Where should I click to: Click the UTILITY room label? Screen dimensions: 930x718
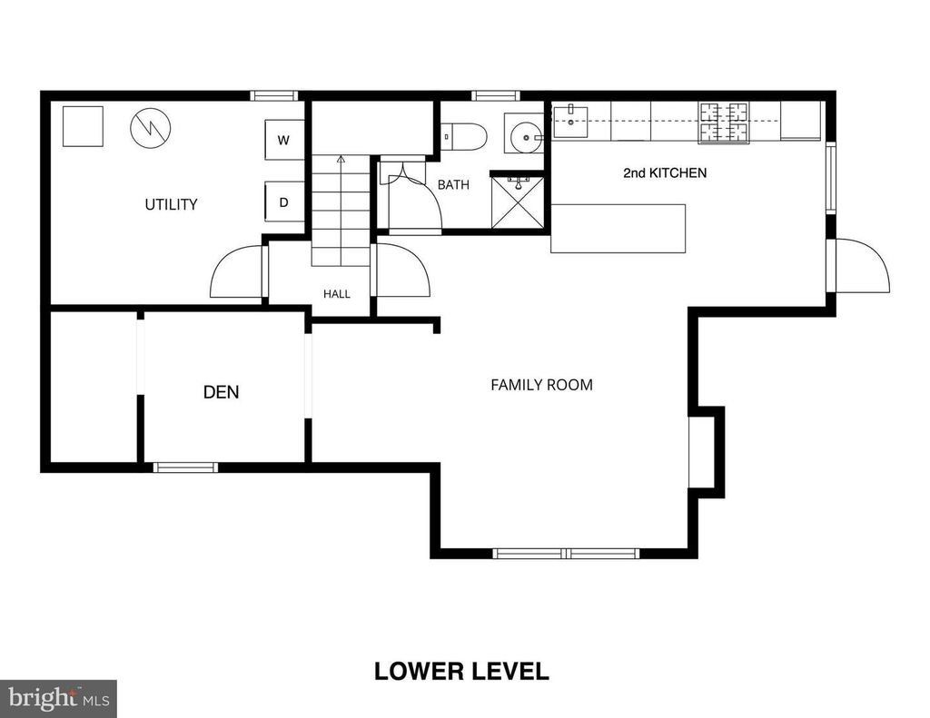[171, 204]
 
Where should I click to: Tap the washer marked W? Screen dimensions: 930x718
[284, 140]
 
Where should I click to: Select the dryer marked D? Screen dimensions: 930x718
[284, 202]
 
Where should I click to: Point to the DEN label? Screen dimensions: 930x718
[222, 392]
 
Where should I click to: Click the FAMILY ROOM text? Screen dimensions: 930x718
[541, 385]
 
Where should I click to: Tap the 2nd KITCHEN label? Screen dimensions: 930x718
[665, 172]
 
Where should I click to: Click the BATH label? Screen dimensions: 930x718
[453, 185]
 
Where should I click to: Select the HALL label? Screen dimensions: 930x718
[336, 293]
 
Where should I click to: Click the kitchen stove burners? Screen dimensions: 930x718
[724, 123]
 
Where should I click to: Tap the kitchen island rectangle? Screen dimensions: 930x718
[618, 229]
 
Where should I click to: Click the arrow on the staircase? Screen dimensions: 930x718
[341, 210]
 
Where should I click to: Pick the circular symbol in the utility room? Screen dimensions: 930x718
[151, 128]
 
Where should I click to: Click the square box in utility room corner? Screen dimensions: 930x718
[83, 126]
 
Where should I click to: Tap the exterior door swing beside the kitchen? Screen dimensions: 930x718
[862, 265]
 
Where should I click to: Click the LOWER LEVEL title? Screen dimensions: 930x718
[461, 671]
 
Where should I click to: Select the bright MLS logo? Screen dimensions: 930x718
[58, 698]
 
